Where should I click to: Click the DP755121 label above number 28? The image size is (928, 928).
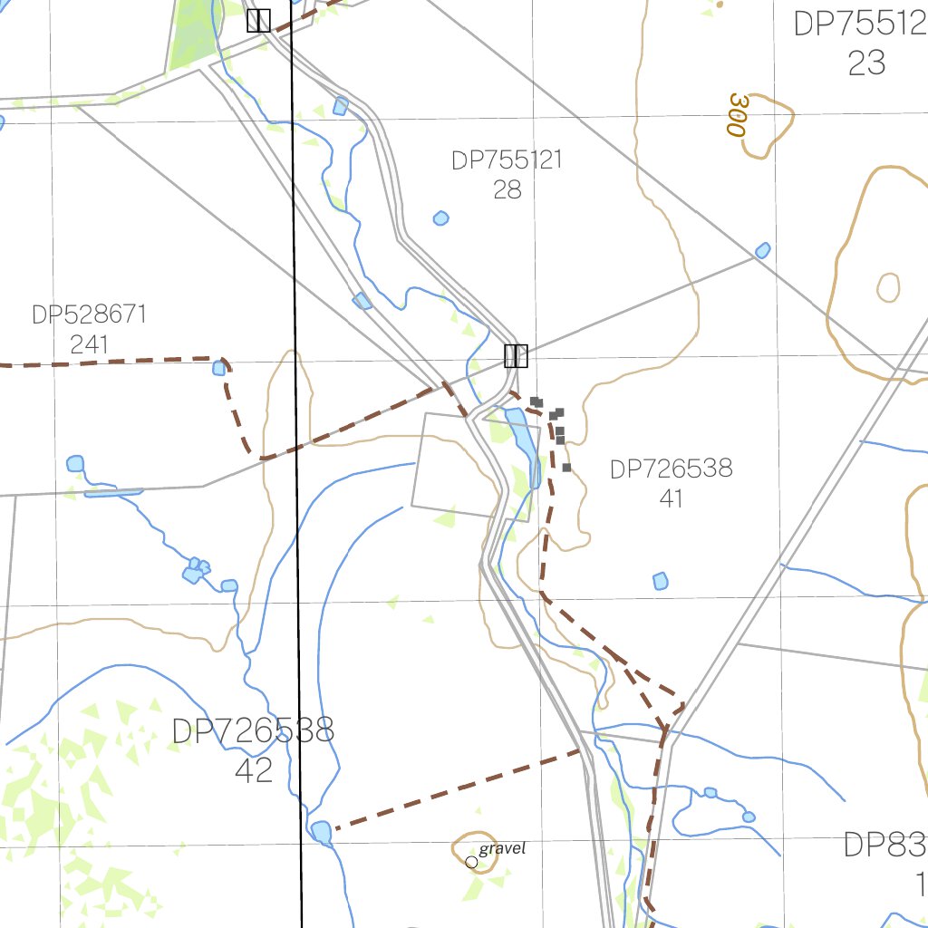[507, 160]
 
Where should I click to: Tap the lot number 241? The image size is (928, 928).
[89, 344]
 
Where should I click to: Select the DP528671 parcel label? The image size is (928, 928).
[89, 315]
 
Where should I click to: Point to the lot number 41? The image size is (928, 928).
[671, 498]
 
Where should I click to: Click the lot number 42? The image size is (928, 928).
[253, 769]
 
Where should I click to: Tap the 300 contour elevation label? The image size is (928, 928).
[738, 114]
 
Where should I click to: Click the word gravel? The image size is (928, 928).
[502, 848]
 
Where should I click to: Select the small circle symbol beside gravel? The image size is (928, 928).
[471, 862]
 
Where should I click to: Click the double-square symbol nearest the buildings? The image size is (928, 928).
[516, 355]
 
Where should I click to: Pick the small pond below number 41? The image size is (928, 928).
[661, 581]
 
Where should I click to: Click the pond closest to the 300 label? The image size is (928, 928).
[763, 250]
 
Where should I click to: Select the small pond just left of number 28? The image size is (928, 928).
[440, 218]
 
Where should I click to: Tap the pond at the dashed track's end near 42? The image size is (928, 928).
[321, 830]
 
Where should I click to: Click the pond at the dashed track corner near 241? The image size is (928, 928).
[219, 368]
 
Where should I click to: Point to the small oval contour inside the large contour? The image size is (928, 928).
[888, 287]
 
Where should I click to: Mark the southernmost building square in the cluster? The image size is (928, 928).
[566, 468]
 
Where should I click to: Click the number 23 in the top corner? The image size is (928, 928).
[866, 63]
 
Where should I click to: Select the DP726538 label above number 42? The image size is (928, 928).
[253, 730]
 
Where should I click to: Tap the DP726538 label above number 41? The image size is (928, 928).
[671, 469]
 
